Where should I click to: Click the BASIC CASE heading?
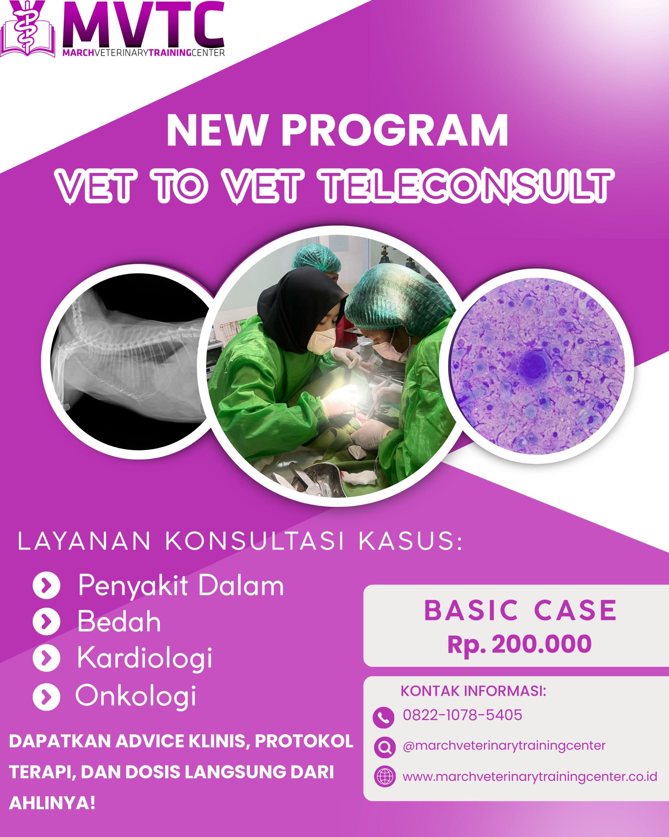520,610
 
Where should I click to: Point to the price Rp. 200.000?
520,644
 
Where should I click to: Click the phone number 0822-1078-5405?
463,715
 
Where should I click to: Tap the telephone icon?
383,717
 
